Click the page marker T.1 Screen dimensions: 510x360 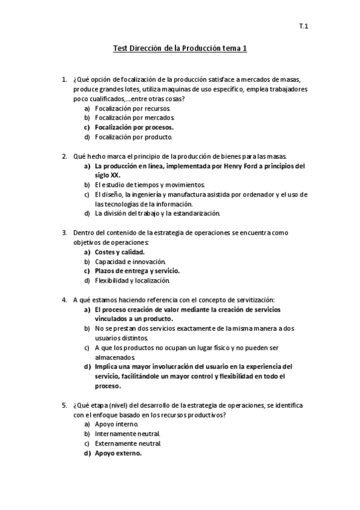pos(304,26)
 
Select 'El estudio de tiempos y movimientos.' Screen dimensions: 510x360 pos(150,184)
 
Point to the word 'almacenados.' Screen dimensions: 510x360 pos(111,357)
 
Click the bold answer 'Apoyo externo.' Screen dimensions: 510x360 pos(118,453)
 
